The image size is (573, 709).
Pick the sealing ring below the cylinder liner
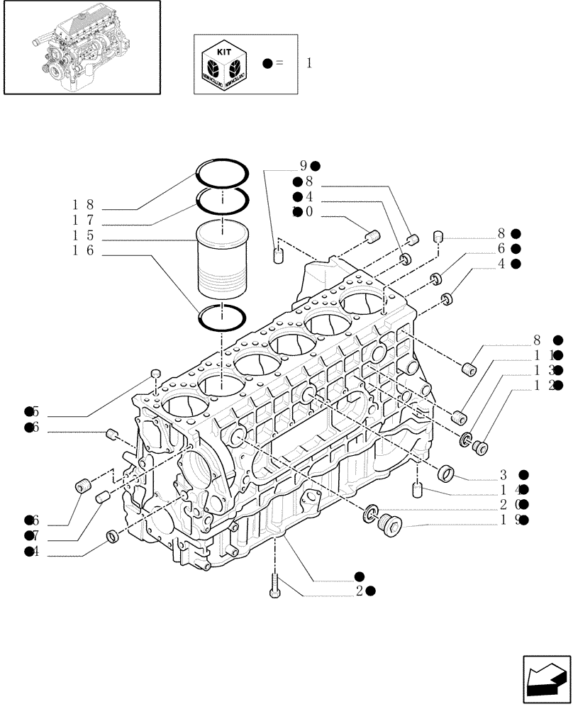[222, 318]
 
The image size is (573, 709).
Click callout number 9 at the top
[304, 166]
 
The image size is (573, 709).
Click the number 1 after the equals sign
[308, 63]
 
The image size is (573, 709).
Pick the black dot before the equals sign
[267, 63]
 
